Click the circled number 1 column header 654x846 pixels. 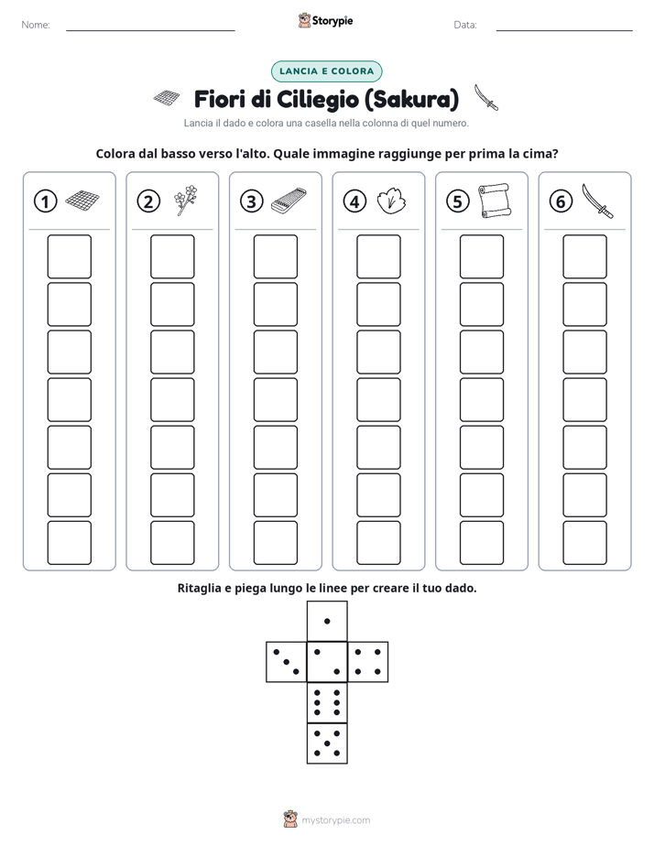(x=45, y=201)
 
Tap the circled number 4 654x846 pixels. (x=354, y=201)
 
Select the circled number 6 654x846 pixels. (x=561, y=201)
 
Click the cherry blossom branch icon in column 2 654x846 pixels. (x=186, y=201)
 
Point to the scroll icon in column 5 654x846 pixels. (x=495, y=201)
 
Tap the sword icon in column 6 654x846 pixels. (x=597, y=201)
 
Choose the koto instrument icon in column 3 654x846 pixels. (x=289, y=201)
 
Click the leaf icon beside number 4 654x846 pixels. (x=391, y=201)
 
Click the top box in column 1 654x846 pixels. (x=69, y=256)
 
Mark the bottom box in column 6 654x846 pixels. (x=584, y=543)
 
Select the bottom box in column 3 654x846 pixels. (x=275, y=543)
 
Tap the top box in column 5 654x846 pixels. (x=481, y=256)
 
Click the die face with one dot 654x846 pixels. (x=327, y=621)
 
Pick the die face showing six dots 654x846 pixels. (x=327, y=702)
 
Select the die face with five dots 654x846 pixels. (x=327, y=743)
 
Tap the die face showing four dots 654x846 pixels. (x=368, y=661)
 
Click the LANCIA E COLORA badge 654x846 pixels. (x=326, y=71)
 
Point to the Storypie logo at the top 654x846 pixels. (x=325, y=20)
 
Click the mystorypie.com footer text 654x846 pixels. (x=335, y=820)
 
